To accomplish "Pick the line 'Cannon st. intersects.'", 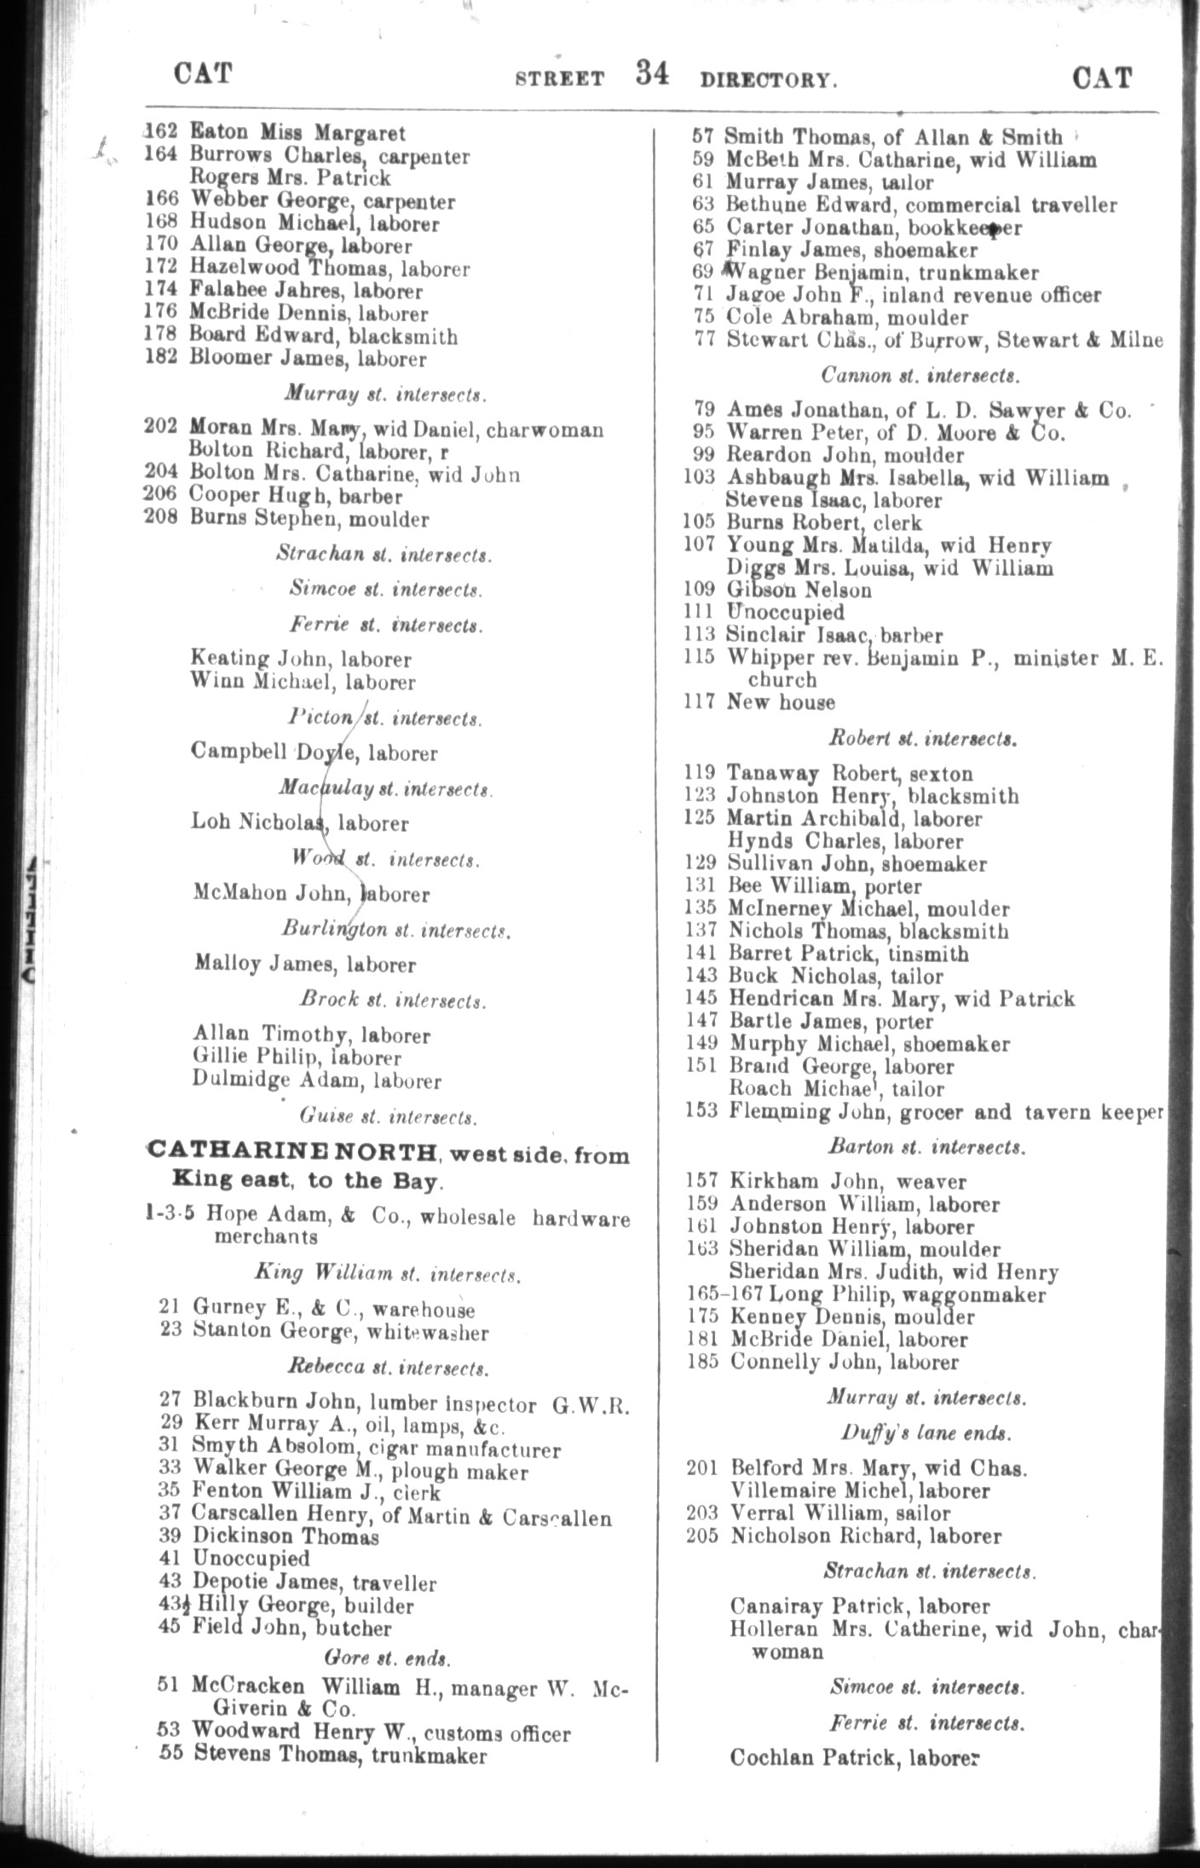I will coord(920,374).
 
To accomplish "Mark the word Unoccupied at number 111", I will coord(784,612).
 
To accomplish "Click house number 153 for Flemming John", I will coord(702,1111).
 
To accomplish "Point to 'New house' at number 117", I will coord(780,702).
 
